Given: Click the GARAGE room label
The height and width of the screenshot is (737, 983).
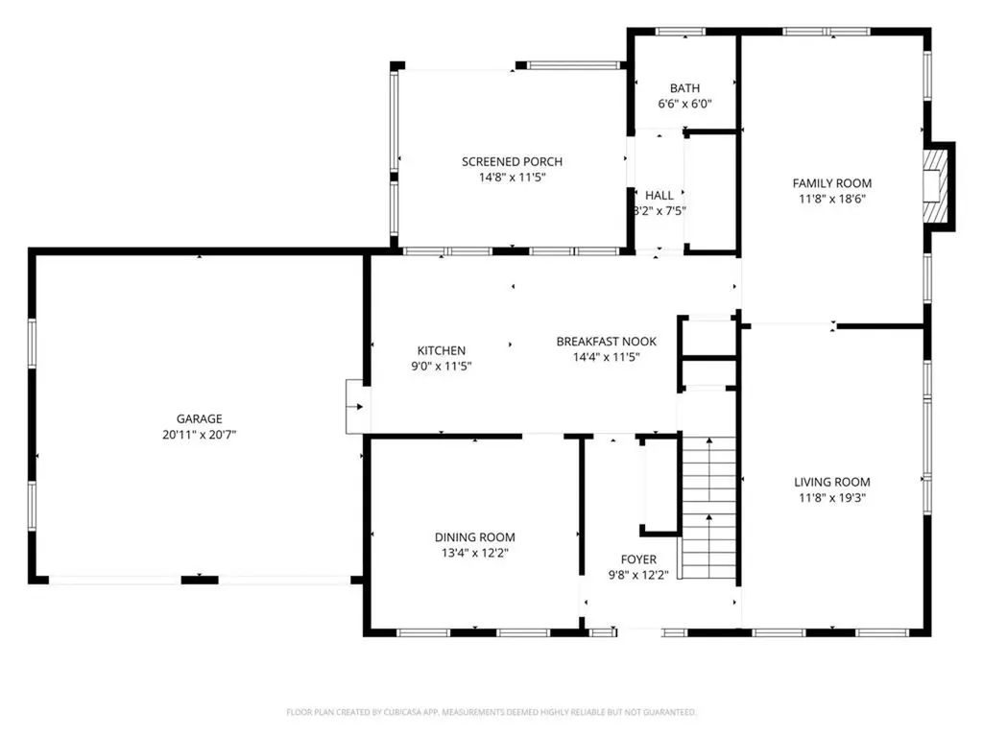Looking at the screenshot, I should point(199,418).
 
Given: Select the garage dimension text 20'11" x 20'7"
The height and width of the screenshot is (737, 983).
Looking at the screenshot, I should point(199,435).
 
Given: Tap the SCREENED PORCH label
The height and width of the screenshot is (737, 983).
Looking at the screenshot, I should point(512,162).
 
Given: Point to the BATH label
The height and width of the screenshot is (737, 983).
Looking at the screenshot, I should point(684,87).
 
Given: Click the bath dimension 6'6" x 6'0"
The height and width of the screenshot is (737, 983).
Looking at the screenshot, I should point(684,104).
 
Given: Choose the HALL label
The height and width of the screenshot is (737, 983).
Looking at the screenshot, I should point(659,195).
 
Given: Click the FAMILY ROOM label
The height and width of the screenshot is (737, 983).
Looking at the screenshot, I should point(831,183).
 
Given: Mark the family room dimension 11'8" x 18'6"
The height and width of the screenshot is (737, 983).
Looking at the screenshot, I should point(831,200).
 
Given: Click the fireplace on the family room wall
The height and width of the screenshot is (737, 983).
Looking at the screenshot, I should point(938,185).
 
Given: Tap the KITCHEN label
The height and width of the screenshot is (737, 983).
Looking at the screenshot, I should point(442,350).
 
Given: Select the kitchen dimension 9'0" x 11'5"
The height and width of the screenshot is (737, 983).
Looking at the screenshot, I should point(442,367).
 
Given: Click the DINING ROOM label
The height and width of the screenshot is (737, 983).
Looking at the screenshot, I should point(474,537).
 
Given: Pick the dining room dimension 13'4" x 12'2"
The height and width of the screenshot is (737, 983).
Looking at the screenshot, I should point(474,554).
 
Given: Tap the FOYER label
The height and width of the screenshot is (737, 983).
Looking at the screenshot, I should point(638,559).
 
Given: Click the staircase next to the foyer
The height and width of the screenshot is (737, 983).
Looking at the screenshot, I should point(709,509).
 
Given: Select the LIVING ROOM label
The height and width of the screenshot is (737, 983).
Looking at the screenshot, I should point(831,483).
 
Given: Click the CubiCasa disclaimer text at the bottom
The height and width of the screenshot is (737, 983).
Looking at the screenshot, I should point(491,712).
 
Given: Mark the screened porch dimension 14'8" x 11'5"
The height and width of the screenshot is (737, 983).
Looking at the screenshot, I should point(512,178).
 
